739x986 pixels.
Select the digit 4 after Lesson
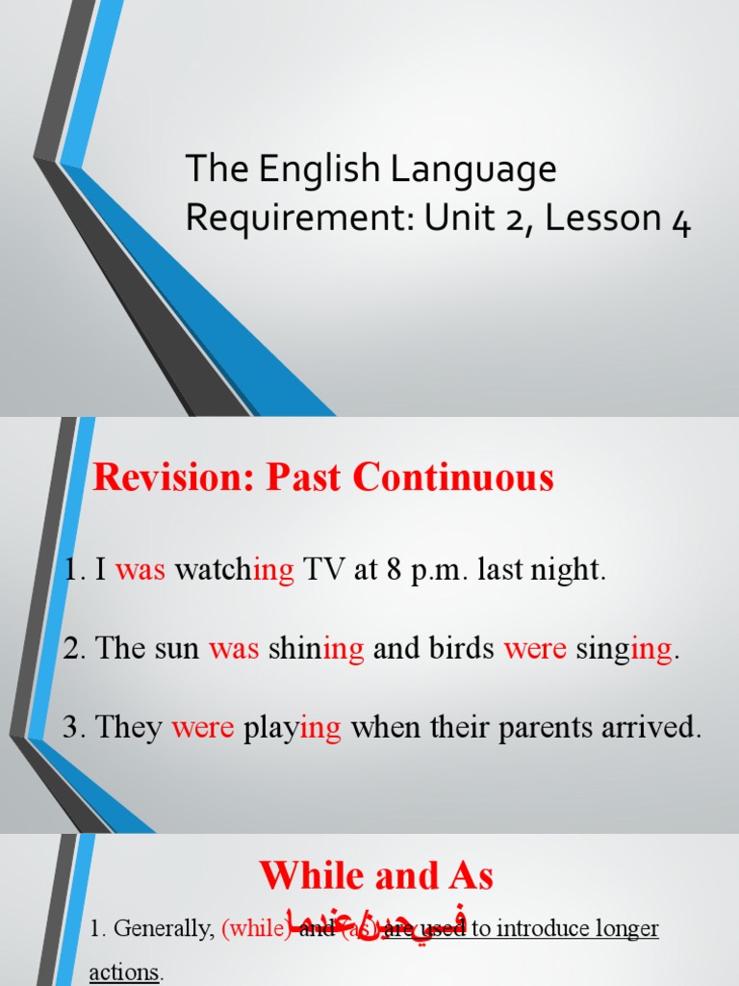680,221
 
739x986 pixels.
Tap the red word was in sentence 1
141,570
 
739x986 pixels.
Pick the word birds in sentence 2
457,649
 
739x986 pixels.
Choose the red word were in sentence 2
536,649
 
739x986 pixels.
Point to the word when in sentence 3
382,728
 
